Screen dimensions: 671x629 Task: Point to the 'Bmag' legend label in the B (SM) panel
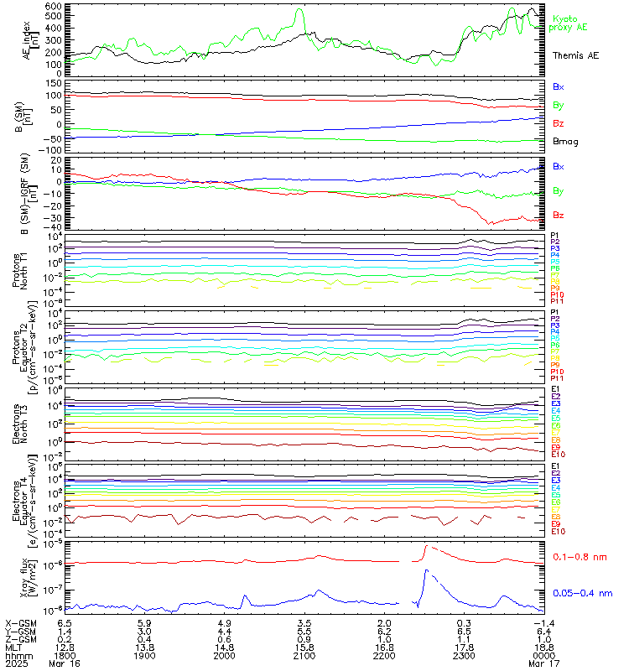click(563, 141)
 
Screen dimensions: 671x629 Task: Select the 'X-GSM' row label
click(19, 623)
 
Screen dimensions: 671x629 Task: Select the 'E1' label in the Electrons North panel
click(555, 390)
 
